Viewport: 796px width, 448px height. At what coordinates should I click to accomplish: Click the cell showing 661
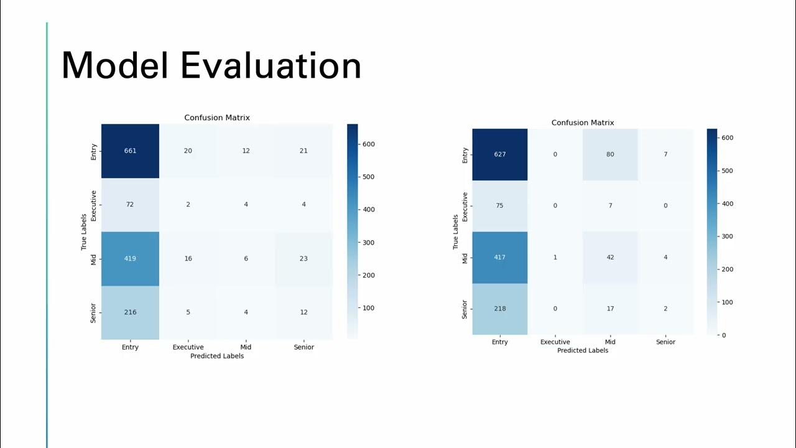130,151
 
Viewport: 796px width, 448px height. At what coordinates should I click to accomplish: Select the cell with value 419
130,258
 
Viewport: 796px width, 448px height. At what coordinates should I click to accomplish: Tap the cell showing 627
499,154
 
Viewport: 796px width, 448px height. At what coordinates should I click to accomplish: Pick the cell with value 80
610,154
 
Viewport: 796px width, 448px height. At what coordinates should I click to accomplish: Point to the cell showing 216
130,312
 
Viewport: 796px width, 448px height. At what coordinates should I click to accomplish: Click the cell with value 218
499,309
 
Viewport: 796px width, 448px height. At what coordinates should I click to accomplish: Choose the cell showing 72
130,204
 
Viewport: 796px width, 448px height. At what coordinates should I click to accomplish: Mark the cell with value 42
610,257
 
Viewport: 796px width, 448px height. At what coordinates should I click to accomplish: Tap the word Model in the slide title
115,65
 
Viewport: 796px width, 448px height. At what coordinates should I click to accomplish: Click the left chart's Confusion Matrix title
217,118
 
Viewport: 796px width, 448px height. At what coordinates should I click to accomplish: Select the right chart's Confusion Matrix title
583,123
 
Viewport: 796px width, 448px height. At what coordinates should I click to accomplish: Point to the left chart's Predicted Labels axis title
217,356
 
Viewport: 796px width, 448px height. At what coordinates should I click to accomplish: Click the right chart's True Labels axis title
456,232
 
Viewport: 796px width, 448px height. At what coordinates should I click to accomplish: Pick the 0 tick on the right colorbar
723,335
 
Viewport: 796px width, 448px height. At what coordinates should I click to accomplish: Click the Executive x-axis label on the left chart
188,347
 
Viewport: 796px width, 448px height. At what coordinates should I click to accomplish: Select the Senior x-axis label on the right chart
665,342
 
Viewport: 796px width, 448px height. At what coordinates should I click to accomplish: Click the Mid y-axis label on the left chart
94,259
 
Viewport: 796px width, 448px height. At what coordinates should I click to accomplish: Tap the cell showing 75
499,205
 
